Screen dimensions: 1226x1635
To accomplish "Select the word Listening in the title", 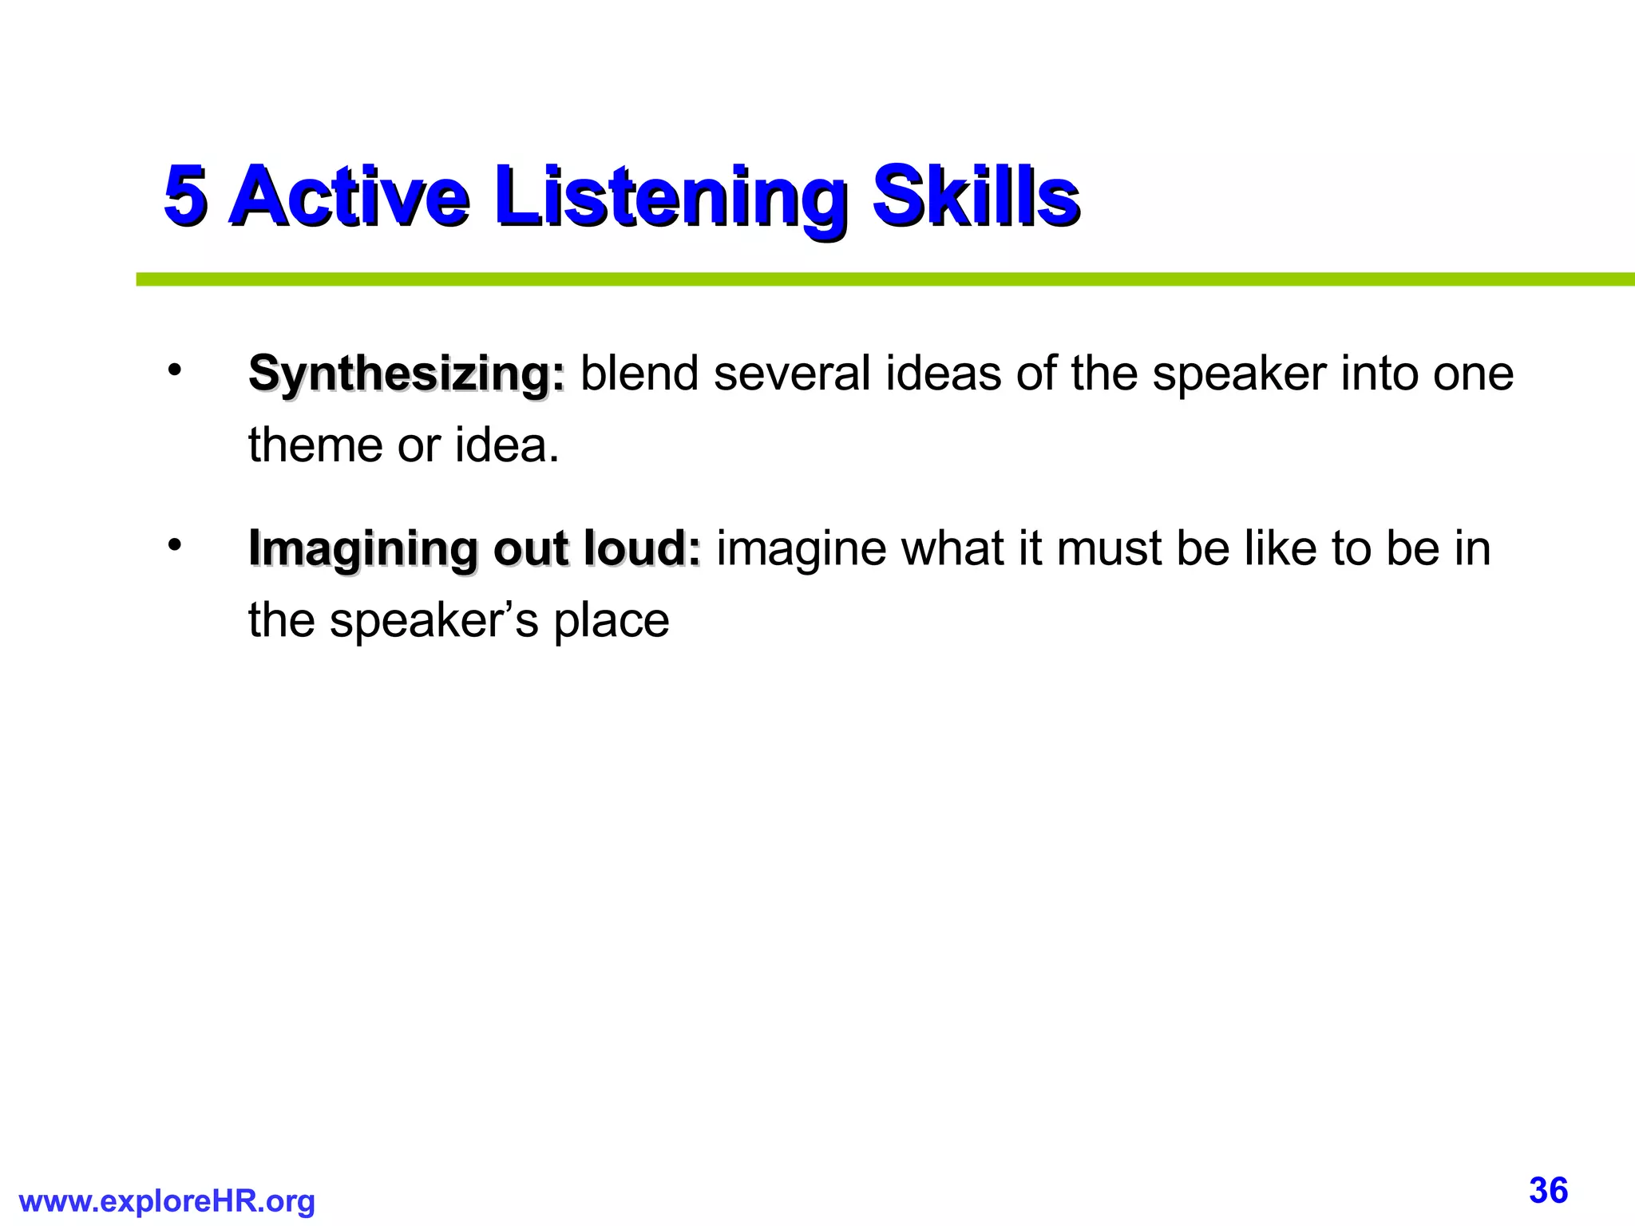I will [669, 196].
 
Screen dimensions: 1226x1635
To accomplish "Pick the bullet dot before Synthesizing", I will [175, 370].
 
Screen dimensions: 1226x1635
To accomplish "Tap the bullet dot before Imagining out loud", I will [175, 545].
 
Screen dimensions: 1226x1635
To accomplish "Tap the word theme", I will [315, 445].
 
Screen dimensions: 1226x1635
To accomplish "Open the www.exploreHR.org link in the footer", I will [167, 1200].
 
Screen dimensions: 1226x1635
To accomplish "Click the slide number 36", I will [1548, 1190].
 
